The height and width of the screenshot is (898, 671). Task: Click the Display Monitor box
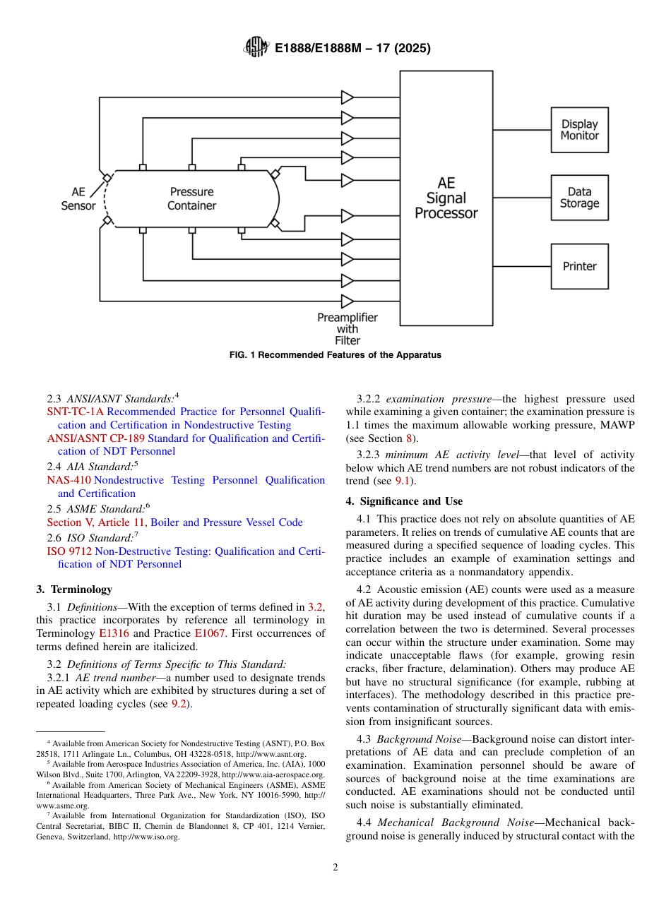coord(579,130)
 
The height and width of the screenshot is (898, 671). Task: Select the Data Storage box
coord(579,198)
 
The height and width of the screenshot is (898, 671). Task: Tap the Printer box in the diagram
coord(579,266)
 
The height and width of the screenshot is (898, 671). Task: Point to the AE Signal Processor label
coord(446,198)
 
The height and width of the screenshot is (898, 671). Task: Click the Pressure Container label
coord(191,198)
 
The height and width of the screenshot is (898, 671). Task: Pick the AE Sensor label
coord(78,198)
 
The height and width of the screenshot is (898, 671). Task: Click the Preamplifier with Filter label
coord(347,328)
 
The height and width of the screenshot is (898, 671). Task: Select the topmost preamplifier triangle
coord(348,96)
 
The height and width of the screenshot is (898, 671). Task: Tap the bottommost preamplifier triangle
coord(348,301)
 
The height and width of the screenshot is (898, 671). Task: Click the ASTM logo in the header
coord(256,48)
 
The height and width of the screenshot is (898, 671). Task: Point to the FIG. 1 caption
coord(335,355)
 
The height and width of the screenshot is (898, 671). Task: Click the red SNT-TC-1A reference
coord(75,412)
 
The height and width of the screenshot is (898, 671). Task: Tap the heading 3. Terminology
coord(73,589)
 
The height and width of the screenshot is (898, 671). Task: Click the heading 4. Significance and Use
coord(404,501)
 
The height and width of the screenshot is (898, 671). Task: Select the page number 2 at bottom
coord(335,868)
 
